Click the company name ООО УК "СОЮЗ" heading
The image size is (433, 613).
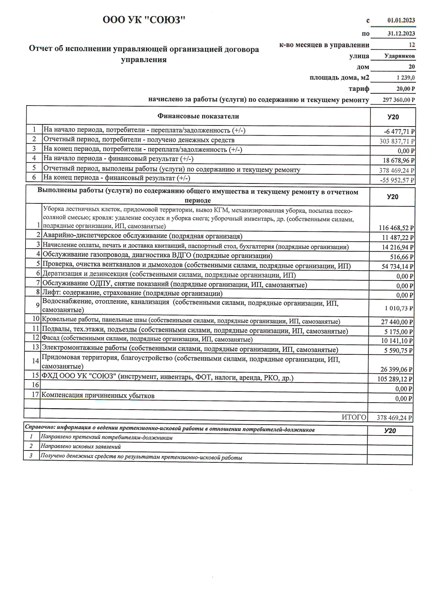(144, 20)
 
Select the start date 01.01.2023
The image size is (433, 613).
(401, 20)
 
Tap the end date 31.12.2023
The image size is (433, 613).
(401, 34)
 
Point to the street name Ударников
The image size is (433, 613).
(399, 56)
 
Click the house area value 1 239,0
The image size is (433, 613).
(405, 78)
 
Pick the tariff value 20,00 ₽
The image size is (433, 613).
(405, 89)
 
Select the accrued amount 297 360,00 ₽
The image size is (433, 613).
(399, 100)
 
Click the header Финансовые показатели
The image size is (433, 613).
(198, 116)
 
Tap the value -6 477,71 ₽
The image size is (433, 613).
(399, 132)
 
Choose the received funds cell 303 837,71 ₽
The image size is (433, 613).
(397, 142)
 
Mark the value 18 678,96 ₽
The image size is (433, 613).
(398, 161)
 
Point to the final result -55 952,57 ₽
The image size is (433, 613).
(397, 180)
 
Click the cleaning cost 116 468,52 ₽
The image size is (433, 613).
(396, 228)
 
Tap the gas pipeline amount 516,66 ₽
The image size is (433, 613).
(402, 257)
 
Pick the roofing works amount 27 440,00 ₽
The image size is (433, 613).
(397, 322)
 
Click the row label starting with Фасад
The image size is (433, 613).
(147, 339)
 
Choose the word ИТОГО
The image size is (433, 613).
(354, 417)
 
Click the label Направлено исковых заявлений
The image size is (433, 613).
(81, 446)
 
